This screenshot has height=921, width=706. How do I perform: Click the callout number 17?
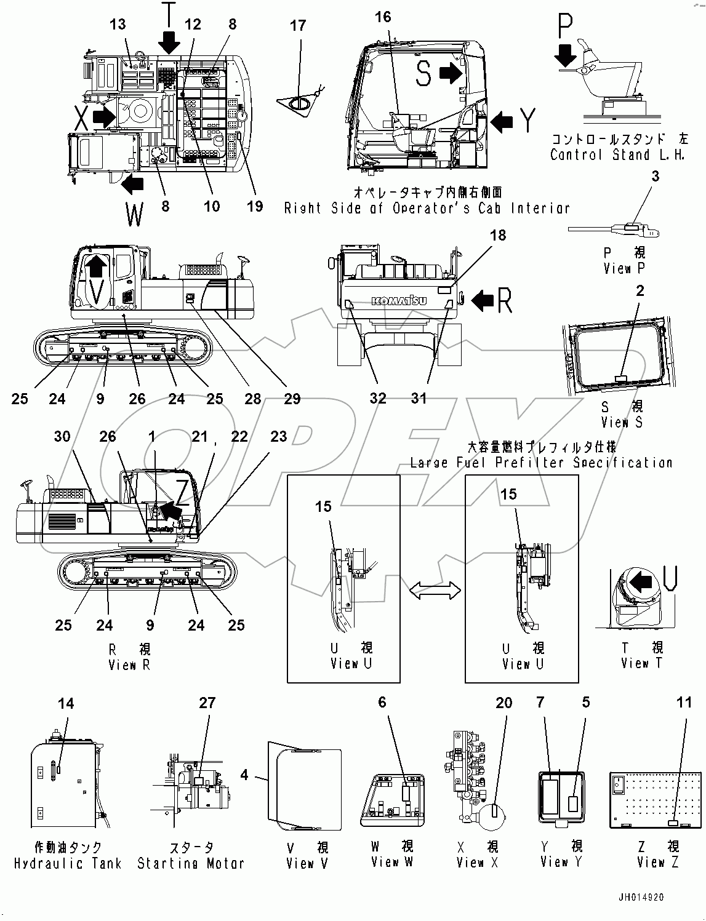298,26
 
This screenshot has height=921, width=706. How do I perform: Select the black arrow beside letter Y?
502,121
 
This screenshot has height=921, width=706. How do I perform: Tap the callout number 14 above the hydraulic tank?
66,703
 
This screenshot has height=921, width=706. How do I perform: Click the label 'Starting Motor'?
191,863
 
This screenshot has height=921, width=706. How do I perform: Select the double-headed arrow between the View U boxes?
436,591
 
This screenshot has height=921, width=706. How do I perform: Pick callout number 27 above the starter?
207,703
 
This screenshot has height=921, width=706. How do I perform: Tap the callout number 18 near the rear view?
497,235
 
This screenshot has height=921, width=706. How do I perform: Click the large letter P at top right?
565,28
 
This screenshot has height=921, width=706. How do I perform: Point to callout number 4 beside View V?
244,775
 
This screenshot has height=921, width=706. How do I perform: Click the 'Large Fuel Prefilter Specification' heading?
541,462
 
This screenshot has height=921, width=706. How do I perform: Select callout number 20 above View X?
503,703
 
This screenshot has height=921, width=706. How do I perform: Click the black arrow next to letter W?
133,183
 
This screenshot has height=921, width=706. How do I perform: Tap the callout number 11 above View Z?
684,703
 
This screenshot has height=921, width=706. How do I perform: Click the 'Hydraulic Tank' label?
68,863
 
